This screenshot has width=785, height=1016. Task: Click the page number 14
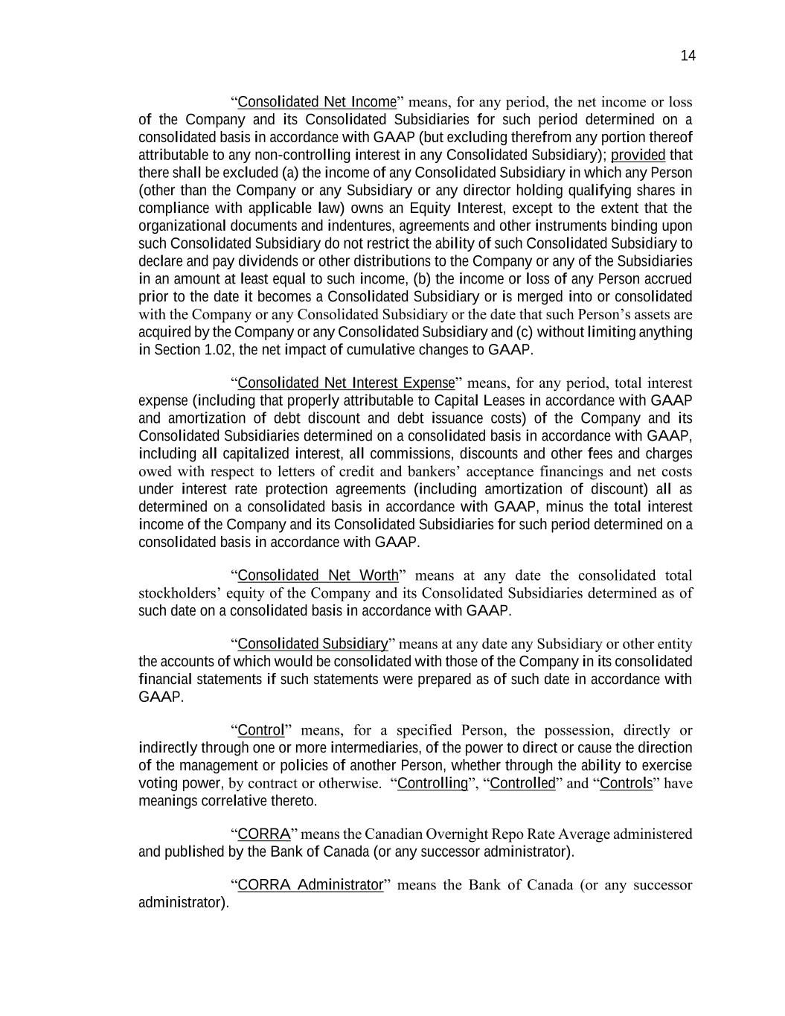688,56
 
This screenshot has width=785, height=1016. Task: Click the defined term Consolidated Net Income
316,102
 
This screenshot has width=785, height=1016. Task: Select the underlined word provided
638,155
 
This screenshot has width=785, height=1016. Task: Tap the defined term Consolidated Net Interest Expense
345,383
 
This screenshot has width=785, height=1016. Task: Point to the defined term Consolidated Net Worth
318,575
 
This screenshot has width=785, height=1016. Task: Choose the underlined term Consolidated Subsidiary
313,644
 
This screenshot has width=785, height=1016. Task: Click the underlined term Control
261,730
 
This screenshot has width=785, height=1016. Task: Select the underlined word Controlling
432,784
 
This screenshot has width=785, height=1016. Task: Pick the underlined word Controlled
523,784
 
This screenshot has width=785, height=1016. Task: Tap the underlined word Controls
626,784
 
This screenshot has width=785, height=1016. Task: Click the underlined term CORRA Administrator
310,885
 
